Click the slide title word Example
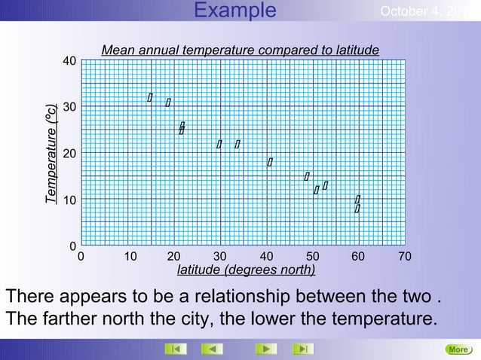point(234,11)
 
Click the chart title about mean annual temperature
point(240,50)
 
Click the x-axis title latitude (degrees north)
point(246,270)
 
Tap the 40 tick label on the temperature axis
point(69,61)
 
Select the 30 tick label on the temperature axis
point(69,108)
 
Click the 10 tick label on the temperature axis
point(69,200)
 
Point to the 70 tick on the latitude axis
point(405,257)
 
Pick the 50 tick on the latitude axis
point(312,257)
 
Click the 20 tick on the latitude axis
point(173,257)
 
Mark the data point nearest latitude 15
point(150,97)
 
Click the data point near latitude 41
point(270,162)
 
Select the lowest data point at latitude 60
point(357,209)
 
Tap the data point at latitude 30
point(219,144)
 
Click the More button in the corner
point(458,349)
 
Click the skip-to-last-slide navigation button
point(302,349)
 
